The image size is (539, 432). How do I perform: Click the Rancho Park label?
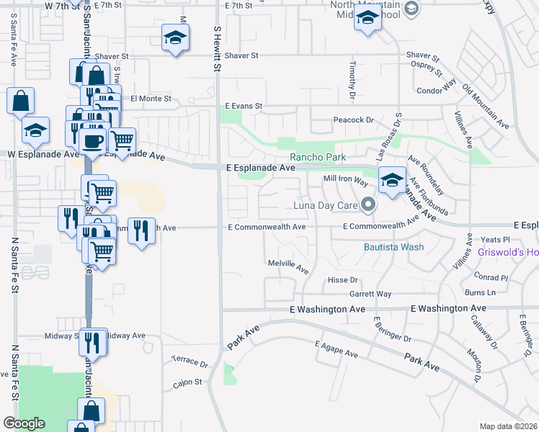pyautogui.click(x=318, y=157)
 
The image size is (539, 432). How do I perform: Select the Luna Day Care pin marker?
pyautogui.click(x=369, y=205)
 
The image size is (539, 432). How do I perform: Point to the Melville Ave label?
pyautogui.click(x=288, y=266)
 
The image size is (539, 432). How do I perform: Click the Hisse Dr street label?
pyautogui.click(x=342, y=279)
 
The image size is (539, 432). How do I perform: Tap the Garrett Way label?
pyautogui.click(x=370, y=294)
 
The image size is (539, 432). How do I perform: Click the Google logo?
pyautogui.click(x=24, y=423)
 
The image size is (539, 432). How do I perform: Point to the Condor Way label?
pyautogui.click(x=437, y=89)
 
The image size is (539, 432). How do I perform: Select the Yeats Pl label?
pyautogui.click(x=495, y=239)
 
